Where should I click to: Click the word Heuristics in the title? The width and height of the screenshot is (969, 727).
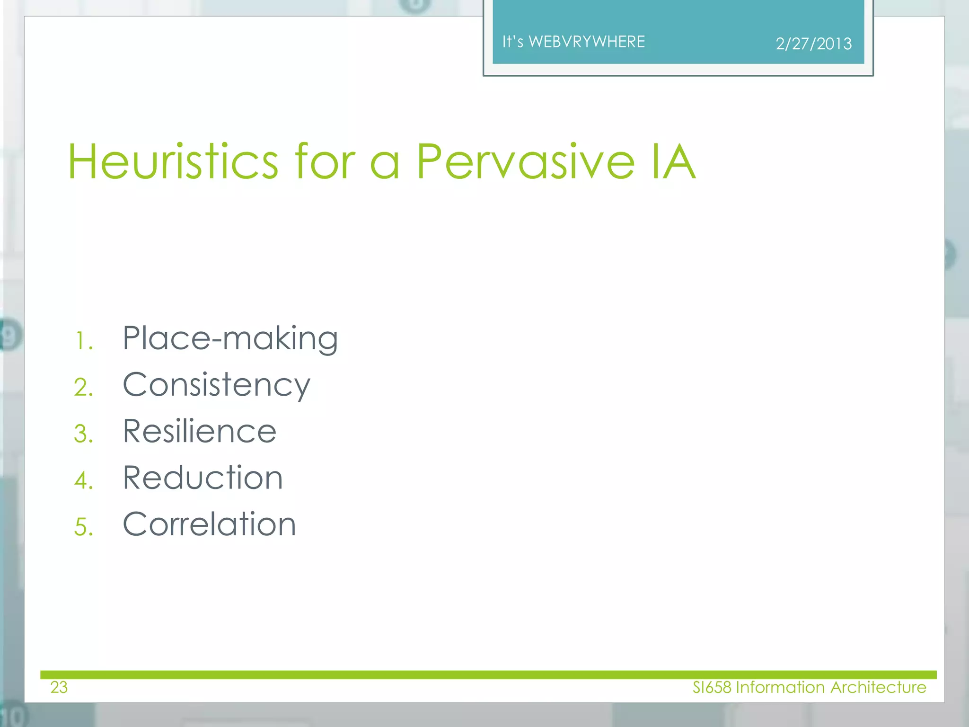(173, 162)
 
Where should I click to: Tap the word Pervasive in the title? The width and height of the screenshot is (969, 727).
(525, 162)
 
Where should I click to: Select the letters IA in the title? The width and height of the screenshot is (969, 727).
(673, 162)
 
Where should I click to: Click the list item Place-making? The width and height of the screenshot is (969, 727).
(230, 339)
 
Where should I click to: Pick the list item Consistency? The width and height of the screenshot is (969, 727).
(216, 385)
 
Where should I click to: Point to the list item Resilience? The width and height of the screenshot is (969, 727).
(199, 432)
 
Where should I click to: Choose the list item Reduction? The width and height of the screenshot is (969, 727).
(203, 478)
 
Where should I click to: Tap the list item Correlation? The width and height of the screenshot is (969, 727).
(209, 524)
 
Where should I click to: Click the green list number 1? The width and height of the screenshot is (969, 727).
(83, 341)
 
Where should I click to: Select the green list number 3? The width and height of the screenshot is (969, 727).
(83, 434)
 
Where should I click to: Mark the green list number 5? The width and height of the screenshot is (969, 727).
(83, 527)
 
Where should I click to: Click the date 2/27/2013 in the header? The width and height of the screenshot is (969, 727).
(813, 44)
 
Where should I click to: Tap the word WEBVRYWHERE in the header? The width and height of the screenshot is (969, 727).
(587, 42)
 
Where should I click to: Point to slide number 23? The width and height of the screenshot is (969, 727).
(59, 687)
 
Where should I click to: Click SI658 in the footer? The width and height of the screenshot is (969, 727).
(712, 687)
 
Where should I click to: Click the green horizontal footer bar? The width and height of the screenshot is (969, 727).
(487, 674)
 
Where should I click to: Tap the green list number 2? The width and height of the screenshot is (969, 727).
(83, 388)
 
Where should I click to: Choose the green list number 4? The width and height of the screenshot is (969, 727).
(83, 481)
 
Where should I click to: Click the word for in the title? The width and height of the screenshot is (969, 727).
(325, 162)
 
